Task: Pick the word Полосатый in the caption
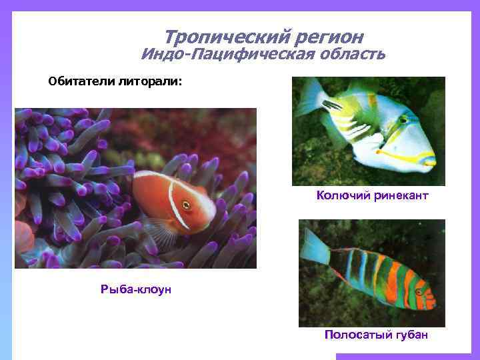coord(355,334)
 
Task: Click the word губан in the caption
coord(408,334)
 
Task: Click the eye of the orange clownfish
coord(186,205)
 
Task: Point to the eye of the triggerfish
coord(403,119)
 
